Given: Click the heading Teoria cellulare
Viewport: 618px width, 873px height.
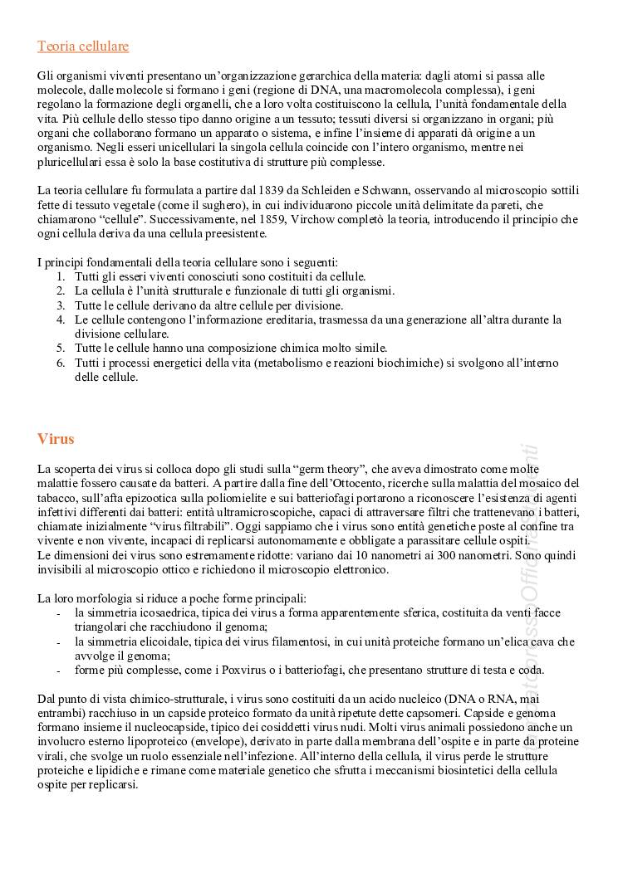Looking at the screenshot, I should (83, 46).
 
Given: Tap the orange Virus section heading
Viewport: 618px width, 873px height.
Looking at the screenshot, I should (56, 439).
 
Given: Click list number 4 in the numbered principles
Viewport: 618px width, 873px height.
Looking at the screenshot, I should (61, 319).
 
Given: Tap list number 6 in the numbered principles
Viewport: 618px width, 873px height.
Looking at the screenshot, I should (61, 363).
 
